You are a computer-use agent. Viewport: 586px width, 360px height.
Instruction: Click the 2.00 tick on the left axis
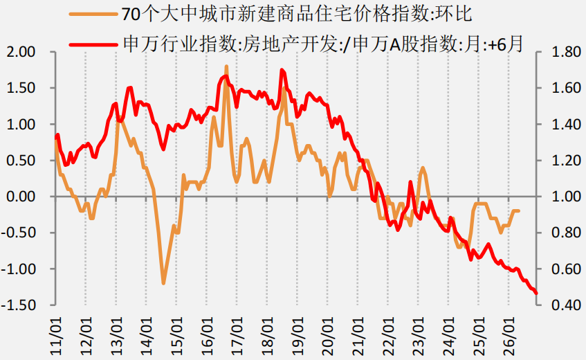(21, 52)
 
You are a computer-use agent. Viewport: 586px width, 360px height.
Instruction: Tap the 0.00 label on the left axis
(21, 197)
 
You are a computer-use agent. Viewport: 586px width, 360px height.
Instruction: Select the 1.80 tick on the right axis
(567, 52)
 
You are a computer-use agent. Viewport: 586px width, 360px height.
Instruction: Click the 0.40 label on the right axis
(567, 305)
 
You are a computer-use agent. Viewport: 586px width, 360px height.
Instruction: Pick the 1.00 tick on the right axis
(567, 197)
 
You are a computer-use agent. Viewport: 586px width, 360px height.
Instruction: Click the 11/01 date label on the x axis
(57, 336)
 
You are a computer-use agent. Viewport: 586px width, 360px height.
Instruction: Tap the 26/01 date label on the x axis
(509, 336)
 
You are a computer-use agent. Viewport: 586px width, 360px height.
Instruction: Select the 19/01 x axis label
(298, 336)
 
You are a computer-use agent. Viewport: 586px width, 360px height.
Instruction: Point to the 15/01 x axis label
(177, 336)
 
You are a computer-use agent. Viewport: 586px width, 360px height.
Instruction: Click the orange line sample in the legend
(93, 15)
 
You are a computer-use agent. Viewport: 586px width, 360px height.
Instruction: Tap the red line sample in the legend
(93, 44)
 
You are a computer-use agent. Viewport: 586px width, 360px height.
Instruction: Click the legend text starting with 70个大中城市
(297, 15)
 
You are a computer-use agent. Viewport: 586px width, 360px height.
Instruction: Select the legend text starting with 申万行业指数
(323, 44)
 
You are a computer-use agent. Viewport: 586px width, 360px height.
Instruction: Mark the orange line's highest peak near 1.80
(226, 67)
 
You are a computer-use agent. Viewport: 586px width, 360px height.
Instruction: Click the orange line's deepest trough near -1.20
(163, 283)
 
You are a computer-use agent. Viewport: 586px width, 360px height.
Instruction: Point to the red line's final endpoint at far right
(536, 293)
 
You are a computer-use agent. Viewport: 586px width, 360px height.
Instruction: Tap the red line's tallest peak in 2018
(282, 70)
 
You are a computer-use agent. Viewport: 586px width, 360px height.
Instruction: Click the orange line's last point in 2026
(519, 211)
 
